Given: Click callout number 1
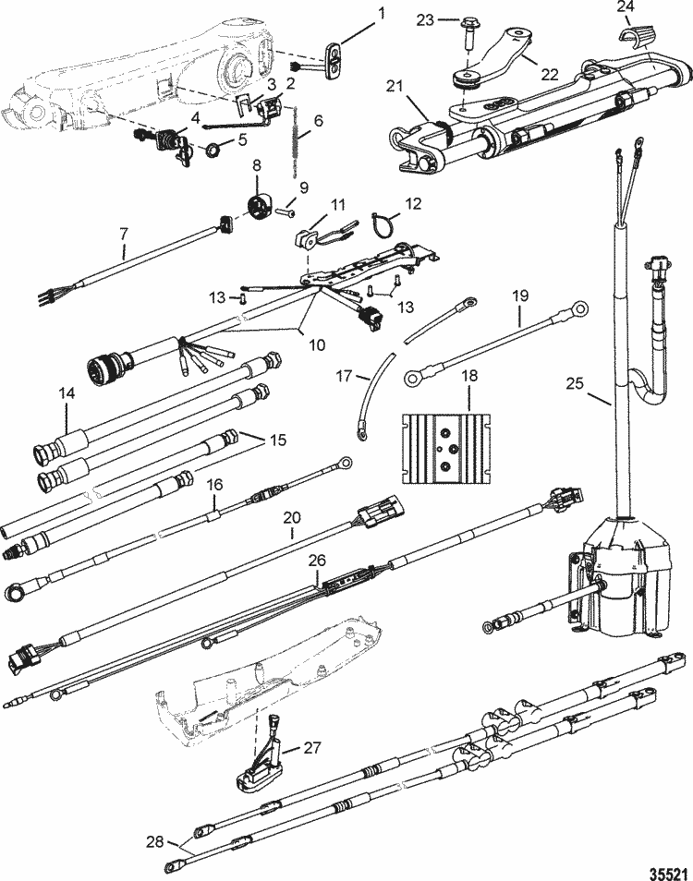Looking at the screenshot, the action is tap(382, 13).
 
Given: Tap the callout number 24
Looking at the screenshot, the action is tap(626, 7).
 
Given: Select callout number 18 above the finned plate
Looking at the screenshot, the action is tap(469, 375).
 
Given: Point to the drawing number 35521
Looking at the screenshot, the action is tap(669, 873).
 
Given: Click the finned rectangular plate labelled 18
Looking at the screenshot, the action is tap(446, 449).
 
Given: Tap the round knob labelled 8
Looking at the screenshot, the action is tap(259, 206).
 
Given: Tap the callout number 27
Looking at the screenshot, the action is tap(312, 747).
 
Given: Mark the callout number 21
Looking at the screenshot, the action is tap(395, 86).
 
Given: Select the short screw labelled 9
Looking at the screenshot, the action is tap(286, 212).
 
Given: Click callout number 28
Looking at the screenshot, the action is tap(154, 841).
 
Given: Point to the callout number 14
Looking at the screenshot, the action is tap(67, 392).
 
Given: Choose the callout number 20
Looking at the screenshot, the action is tap(292, 517).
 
